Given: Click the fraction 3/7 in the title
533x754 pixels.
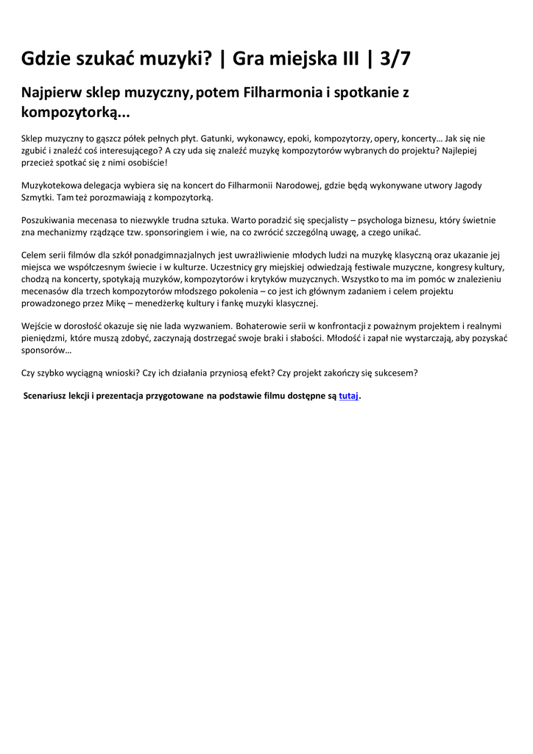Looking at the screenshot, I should pyautogui.click(x=395, y=59).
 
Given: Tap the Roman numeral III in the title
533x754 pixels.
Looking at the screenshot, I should pyautogui.click(x=344, y=59).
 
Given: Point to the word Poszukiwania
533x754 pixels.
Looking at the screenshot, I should pyautogui.click(x=49, y=220).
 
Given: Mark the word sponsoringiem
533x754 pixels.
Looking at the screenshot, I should pyautogui.click(x=175, y=232).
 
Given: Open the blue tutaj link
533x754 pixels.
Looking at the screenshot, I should pyautogui.click(x=348, y=396).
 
